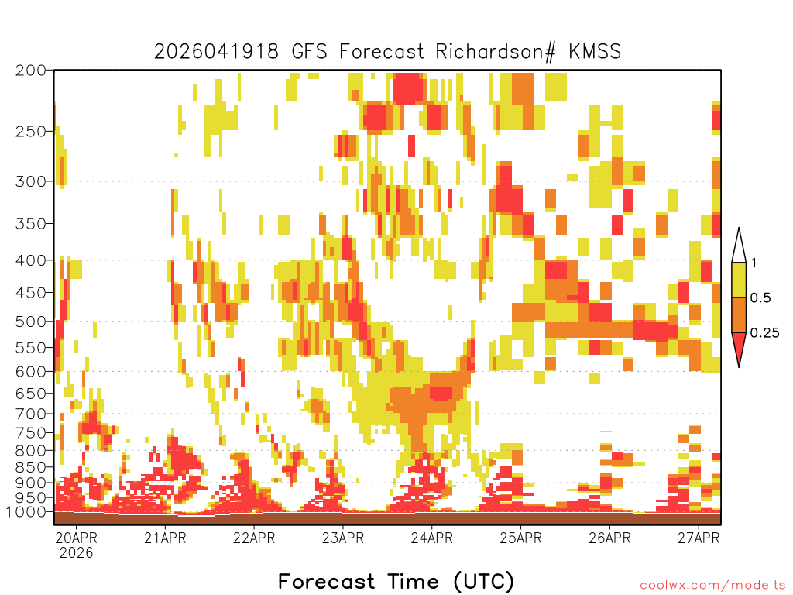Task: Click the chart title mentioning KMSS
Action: pos(387,52)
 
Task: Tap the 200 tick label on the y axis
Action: pos(31,71)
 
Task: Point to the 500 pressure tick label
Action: pos(31,322)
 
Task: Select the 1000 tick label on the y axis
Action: pos(26,512)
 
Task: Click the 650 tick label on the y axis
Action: pos(31,394)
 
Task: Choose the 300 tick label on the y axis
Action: pos(31,181)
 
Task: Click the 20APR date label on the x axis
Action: pos(77,538)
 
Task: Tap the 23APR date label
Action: pos(343,538)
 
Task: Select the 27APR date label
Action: pos(699,538)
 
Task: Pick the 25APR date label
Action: pos(521,538)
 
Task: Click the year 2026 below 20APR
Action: pos(77,552)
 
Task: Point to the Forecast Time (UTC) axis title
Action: pos(396,581)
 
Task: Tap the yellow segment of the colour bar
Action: pos(739,280)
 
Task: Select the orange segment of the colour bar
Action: pos(739,315)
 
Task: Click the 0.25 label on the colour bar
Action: pos(764,333)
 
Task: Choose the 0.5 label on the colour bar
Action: pos(760,298)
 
